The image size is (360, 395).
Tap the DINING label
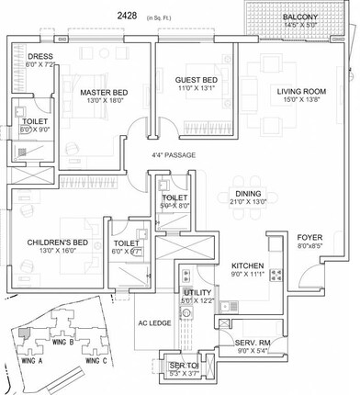click(248, 193)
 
